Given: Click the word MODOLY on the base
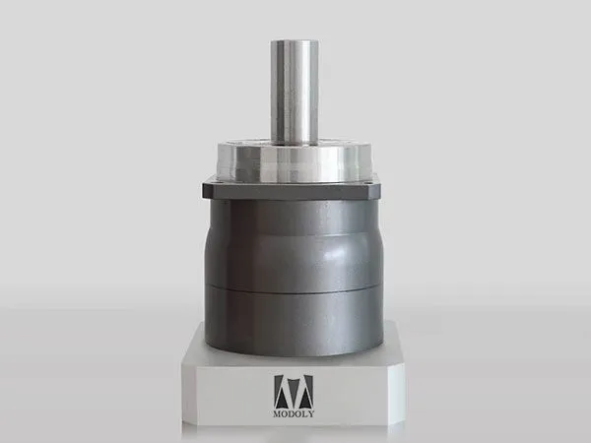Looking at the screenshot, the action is coord(294,414).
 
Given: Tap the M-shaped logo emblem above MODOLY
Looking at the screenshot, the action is coord(294,392).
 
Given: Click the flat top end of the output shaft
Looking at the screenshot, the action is coord(295,41).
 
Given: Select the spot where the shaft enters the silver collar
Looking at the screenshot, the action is coord(295,143).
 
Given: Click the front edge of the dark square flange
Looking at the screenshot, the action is coord(295,193).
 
